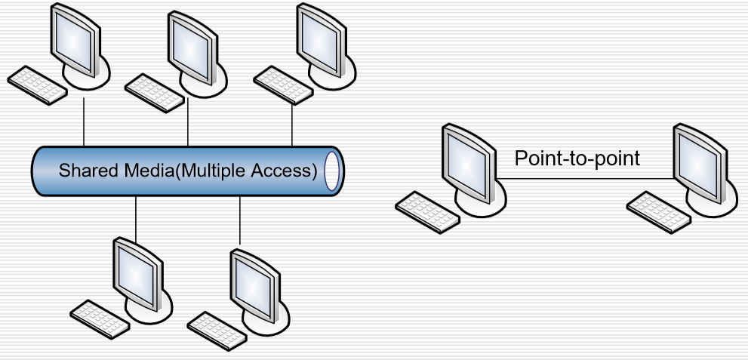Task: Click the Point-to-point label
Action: point(577,158)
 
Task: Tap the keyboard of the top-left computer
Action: point(35,86)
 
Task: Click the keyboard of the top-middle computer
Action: point(153,92)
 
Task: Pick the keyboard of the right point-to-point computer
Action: point(659,211)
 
